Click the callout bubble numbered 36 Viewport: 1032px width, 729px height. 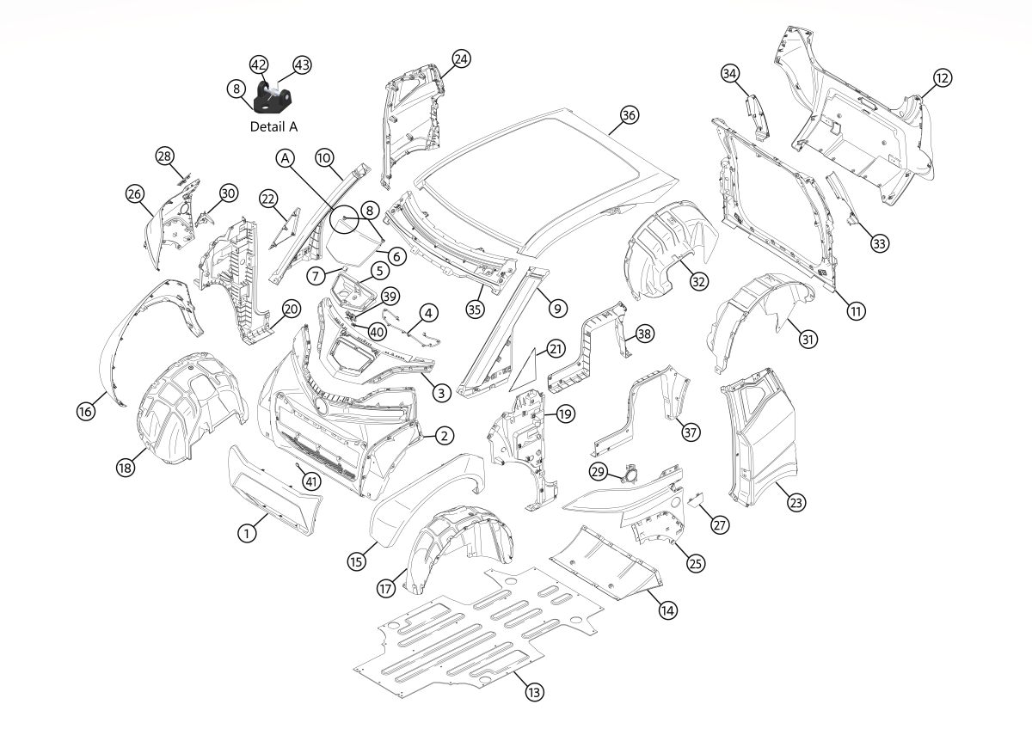click(x=630, y=115)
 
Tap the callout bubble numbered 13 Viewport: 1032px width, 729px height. click(x=536, y=689)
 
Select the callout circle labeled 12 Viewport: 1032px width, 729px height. click(x=943, y=78)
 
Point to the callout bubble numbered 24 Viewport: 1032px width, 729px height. click(x=462, y=58)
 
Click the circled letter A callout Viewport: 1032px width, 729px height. click(x=285, y=158)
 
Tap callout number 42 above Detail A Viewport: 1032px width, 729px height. click(x=260, y=64)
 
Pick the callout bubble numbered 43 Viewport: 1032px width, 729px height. click(x=303, y=64)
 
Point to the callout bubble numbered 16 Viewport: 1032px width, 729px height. click(x=86, y=412)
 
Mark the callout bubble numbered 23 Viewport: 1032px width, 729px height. click(x=796, y=503)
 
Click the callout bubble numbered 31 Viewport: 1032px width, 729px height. click(x=808, y=340)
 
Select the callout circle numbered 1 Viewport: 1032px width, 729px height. click(x=248, y=533)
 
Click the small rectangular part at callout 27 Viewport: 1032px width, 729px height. click(x=697, y=498)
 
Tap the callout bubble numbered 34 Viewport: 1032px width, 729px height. click(x=730, y=74)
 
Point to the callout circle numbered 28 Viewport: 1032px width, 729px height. click(x=165, y=156)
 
